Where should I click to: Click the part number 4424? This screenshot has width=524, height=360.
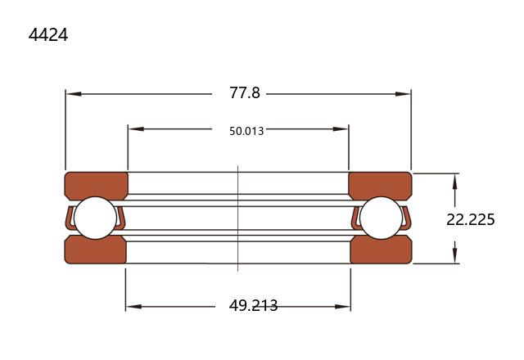pyautogui.click(x=48, y=34)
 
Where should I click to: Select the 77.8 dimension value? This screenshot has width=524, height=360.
pyautogui.click(x=245, y=92)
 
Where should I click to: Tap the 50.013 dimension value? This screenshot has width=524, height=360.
pyautogui.click(x=246, y=131)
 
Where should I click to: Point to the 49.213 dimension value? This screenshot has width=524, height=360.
pyautogui.click(x=253, y=305)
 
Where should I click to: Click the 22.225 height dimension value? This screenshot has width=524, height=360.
pyautogui.click(x=471, y=220)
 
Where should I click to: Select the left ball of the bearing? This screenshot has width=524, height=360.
pyautogui.click(x=95, y=218)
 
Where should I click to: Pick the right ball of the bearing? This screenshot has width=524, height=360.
pyautogui.click(x=382, y=218)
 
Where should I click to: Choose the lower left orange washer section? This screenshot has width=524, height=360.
pyautogui.click(x=96, y=250)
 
